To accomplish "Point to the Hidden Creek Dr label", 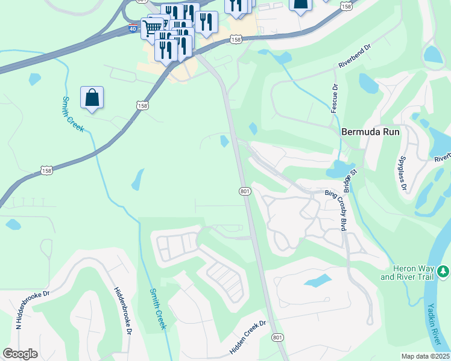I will point(248,338).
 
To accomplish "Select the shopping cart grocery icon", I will point(151,28).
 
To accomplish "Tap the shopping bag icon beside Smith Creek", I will point(92,97).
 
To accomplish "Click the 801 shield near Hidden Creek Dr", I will point(277,338).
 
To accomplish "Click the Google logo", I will point(20,354).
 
